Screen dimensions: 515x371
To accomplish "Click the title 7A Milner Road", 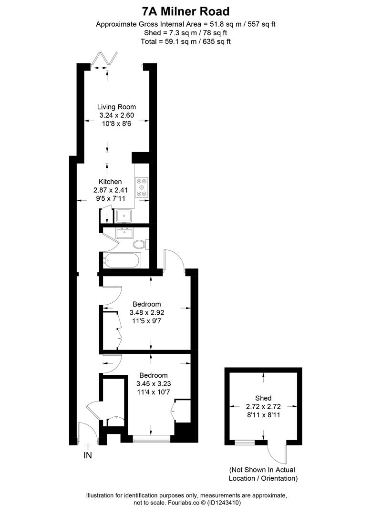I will click(185, 10).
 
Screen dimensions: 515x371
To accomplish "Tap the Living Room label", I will click(116, 107).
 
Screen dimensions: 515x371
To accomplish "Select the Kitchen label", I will click(110, 181).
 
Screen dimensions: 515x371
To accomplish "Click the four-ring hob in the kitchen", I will click(142, 187).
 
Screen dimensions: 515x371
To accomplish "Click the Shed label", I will click(263, 398).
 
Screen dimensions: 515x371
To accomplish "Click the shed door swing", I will click(277, 453).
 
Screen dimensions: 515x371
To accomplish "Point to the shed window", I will click(245, 443).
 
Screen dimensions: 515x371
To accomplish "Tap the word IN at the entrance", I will click(88, 455).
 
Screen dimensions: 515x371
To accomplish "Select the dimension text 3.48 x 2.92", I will click(146, 313).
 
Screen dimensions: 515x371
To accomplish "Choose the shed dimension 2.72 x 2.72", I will click(263, 407).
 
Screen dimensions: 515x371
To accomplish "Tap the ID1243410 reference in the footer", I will click(225, 502).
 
